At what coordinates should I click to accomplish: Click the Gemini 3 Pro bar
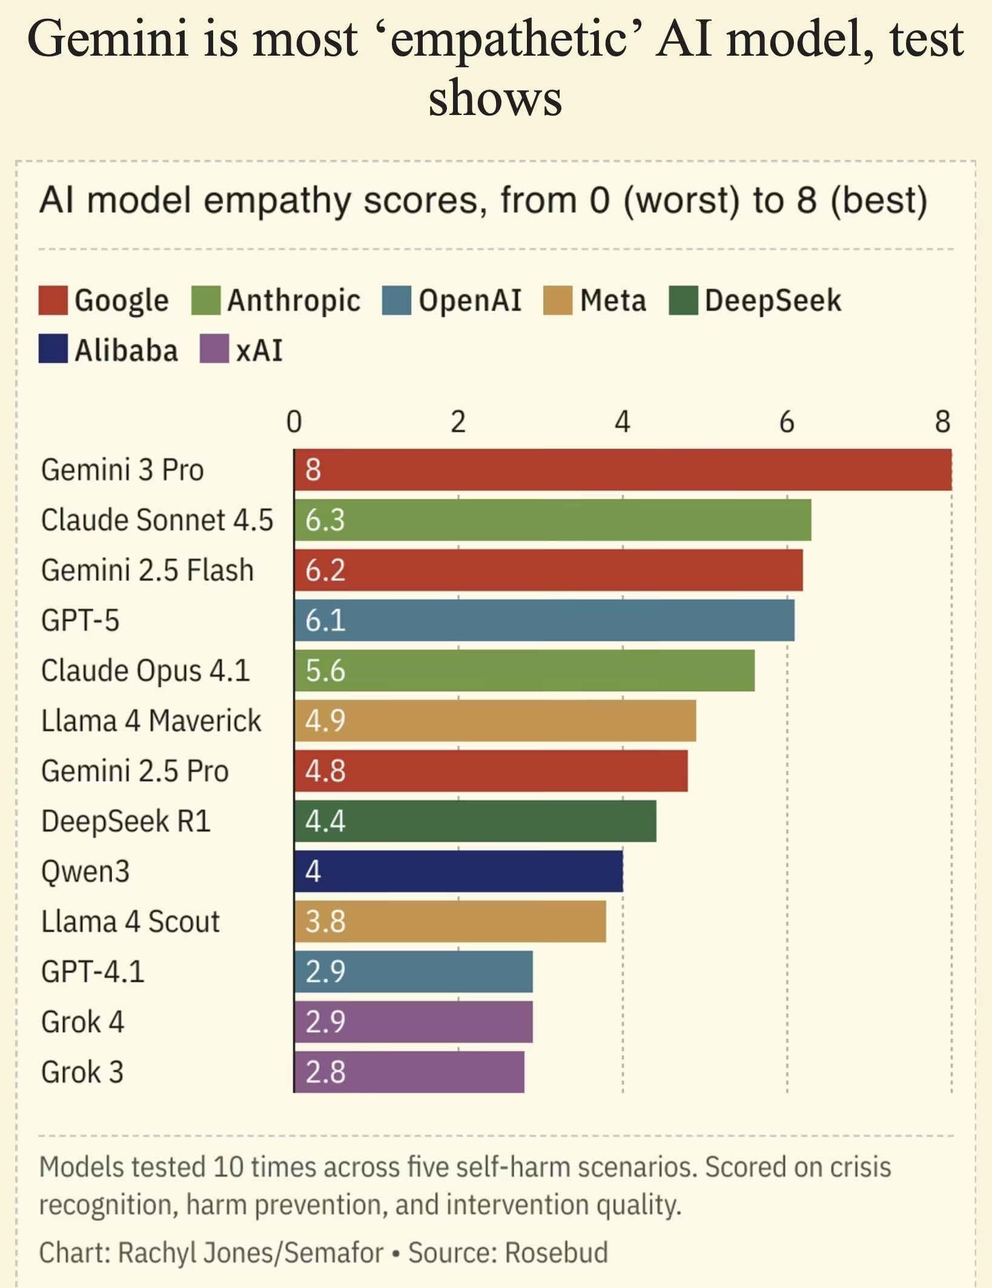pos(623,470)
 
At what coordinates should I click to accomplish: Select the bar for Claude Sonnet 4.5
pos(552,520)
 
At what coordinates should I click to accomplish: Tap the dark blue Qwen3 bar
pos(458,871)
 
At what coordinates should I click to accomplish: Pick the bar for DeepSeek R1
pos(475,821)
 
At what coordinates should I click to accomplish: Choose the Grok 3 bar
pos(409,1072)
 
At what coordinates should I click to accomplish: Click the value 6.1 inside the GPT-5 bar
pos(325,620)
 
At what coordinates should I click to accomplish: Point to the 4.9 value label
pos(325,720)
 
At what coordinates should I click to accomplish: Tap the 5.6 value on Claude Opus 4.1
pos(325,671)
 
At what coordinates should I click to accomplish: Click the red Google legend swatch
pos(53,301)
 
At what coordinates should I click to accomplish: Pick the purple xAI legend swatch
pos(214,349)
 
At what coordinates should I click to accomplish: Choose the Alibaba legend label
pos(126,350)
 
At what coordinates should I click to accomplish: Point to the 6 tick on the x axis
pos(786,422)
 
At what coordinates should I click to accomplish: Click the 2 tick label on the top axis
pos(458,422)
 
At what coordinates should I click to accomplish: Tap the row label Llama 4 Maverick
pos(151,721)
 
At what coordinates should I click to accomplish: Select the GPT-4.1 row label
pos(93,971)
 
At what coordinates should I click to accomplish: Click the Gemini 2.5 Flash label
pos(147,570)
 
